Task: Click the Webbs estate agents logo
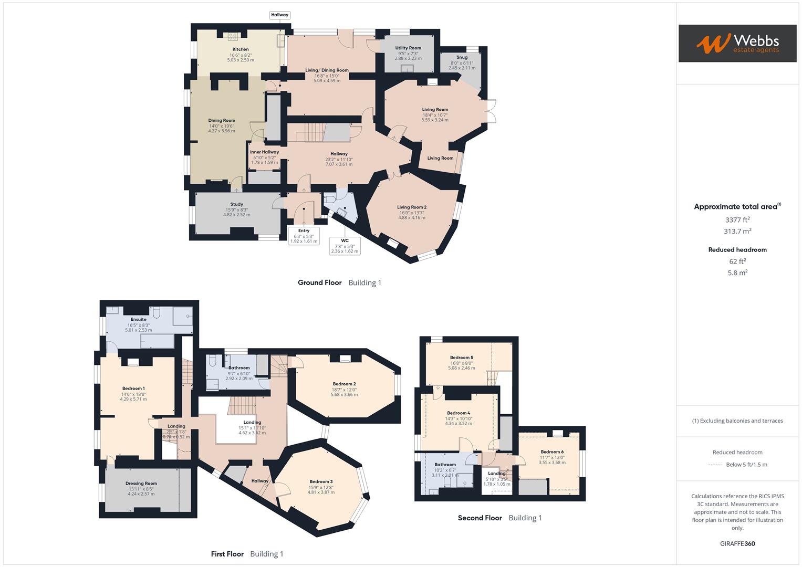737,44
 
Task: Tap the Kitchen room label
241,49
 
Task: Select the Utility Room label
408,48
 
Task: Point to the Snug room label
462,57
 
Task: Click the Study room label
236,204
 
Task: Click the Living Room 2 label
412,207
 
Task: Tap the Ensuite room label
139,319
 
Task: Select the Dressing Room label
141,484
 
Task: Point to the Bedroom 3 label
321,481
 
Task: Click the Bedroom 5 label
461,358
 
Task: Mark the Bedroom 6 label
552,452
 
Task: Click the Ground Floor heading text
320,282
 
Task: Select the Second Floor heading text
480,518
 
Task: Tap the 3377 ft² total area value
737,220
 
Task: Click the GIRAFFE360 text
737,543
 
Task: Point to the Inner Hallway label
264,152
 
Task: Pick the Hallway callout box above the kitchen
279,15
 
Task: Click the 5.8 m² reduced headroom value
737,272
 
